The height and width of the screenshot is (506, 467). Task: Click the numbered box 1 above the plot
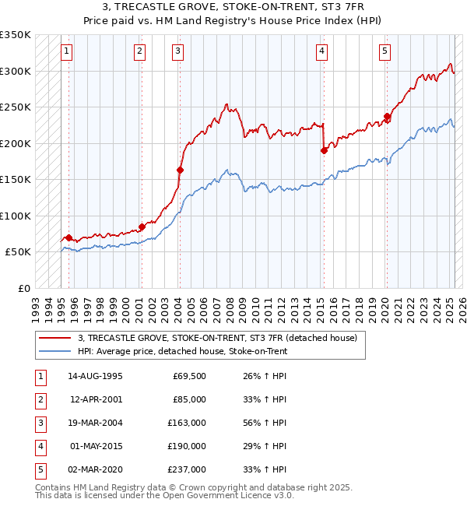67,52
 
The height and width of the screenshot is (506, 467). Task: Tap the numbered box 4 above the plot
321,52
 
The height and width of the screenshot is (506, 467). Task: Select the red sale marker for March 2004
180,170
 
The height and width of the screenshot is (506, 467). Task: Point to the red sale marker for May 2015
324,150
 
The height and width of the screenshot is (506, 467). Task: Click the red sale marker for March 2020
387,117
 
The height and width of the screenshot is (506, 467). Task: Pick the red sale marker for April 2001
142,227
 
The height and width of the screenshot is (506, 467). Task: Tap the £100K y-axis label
16,216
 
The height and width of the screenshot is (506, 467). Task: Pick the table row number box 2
40,399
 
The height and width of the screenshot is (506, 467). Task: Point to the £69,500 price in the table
189,376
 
